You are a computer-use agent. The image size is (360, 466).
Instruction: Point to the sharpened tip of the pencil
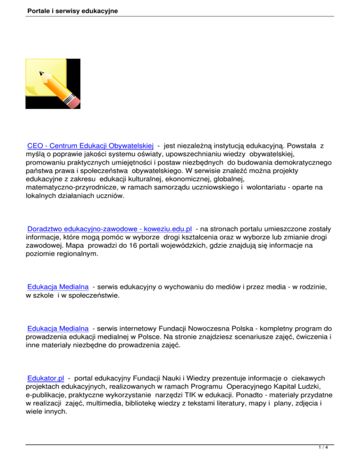pos(41,73)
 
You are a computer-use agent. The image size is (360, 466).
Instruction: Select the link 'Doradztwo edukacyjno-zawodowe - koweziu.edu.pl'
pos(110,228)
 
